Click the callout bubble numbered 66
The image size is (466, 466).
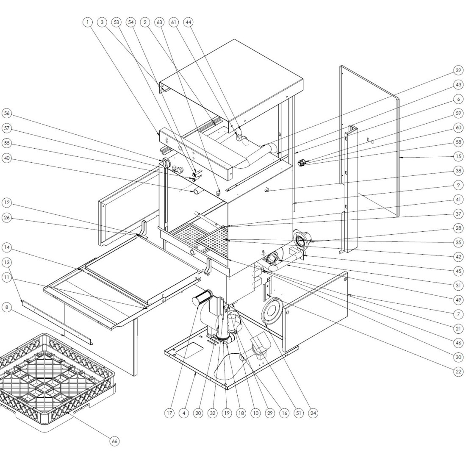coord(114,441)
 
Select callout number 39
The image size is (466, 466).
coord(458,70)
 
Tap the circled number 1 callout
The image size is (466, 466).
coord(87,22)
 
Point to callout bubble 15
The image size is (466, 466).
coord(458,156)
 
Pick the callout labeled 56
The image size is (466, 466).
coord(6,113)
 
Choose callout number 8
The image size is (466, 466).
coord(6,308)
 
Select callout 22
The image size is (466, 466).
coord(458,372)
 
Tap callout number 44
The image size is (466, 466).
coord(188,22)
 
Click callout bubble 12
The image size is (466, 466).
coord(6,203)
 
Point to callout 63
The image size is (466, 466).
coord(159,22)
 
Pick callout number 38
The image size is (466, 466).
coord(458,171)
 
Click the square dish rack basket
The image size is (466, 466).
coord(55,381)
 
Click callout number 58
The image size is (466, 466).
coord(458,142)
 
